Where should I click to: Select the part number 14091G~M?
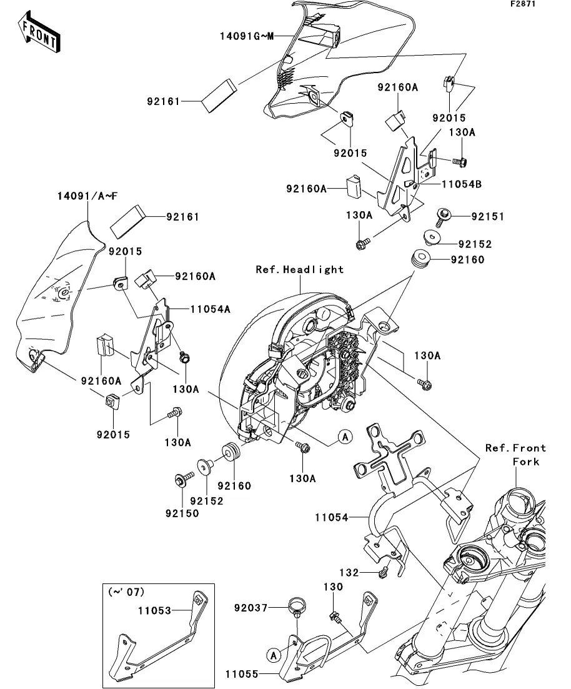click(246, 36)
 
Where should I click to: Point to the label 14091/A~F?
click(82, 196)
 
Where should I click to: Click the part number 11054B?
click(461, 184)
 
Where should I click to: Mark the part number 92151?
click(487, 217)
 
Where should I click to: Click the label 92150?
click(182, 513)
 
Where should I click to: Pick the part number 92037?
click(251, 607)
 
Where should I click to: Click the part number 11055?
click(243, 675)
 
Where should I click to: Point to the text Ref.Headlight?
click(300, 270)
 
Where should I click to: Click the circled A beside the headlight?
click(345, 437)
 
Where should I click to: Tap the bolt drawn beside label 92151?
click(444, 215)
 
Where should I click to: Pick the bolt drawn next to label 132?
click(385, 570)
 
